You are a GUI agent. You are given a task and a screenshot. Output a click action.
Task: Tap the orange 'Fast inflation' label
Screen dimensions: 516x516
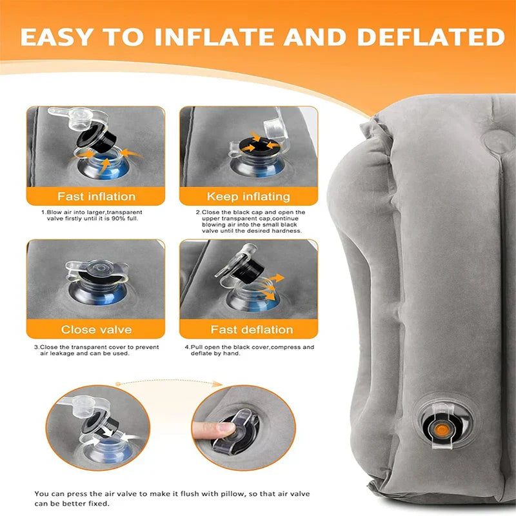pos(97,196)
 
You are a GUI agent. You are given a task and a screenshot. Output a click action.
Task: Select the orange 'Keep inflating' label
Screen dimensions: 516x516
pos(248,196)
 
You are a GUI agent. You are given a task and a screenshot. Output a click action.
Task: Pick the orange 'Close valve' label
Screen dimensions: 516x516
pos(97,330)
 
